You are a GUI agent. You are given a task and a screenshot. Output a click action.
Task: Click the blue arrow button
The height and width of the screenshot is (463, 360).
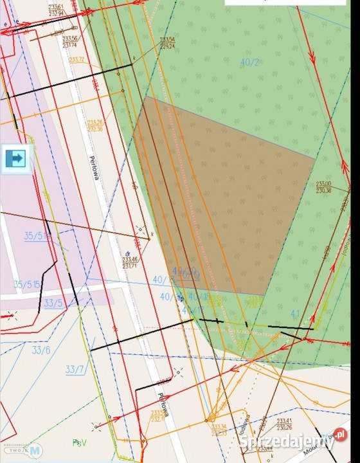[x=17, y=158]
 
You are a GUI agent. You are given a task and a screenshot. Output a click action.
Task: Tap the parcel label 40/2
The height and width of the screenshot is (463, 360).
[x=249, y=62]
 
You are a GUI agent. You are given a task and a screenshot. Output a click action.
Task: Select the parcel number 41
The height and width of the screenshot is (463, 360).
[x=295, y=313]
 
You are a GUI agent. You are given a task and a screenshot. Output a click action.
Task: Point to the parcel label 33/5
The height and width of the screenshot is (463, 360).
[x=53, y=303]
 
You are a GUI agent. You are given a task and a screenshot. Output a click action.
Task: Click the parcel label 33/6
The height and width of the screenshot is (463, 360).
[x=40, y=350]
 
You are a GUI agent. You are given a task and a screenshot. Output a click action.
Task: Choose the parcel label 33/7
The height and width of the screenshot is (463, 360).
[x=75, y=369]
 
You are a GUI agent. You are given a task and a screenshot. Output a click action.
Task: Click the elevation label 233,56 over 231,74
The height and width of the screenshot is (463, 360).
[x=70, y=42]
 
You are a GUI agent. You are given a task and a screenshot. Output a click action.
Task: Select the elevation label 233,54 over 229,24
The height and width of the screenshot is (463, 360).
[x=168, y=42]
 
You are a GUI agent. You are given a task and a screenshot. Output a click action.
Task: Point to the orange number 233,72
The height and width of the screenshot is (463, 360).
[x=76, y=60]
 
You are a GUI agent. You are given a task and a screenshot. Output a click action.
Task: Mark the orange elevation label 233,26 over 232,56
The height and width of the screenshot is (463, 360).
[x=95, y=125]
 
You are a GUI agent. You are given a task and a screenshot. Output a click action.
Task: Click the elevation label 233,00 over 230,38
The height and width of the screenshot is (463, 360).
[x=323, y=186]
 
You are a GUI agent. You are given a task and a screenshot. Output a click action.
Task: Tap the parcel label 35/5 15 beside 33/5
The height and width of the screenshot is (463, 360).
[x=27, y=284]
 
